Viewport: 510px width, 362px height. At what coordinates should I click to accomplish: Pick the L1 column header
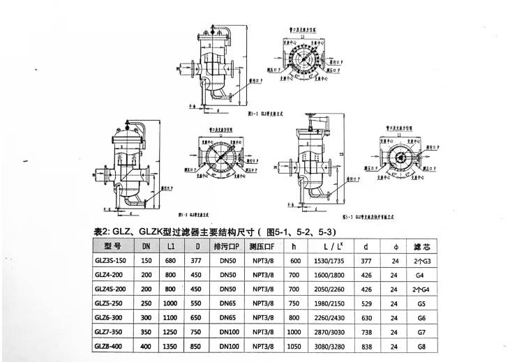pos(171,246)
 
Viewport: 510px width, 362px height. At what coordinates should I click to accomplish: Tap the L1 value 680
pos(171,260)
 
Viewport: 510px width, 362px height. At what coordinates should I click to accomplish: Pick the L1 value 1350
pos(171,346)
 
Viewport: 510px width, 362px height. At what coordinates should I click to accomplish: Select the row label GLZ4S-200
pos(112,289)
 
